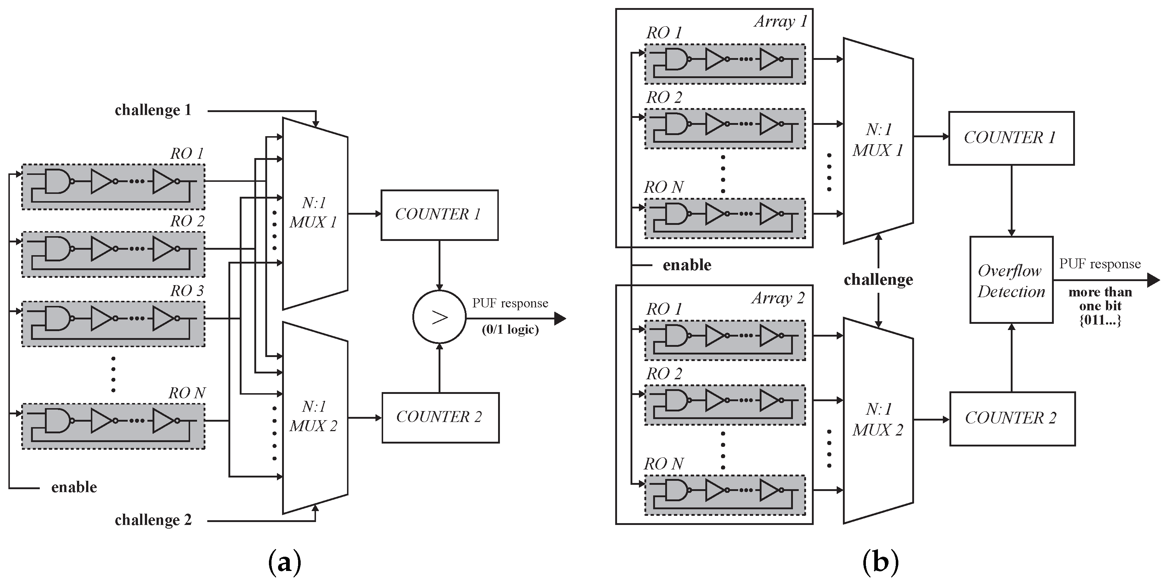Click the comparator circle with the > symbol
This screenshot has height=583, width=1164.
(439, 317)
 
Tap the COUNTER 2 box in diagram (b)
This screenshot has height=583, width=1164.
(1012, 418)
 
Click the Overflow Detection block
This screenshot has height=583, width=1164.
(1011, 280)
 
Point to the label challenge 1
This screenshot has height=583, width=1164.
(153, 110)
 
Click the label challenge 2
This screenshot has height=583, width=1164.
(153, 520)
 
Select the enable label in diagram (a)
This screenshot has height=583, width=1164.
(74, 487)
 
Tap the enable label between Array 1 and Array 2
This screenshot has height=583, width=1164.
(687, 265)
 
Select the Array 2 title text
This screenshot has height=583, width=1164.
(778, 298)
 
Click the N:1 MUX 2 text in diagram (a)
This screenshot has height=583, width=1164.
(313, 416)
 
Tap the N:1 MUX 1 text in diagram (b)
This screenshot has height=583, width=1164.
(878, 140)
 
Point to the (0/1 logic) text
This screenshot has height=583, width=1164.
(510, 329)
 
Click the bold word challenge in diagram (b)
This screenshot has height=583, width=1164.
(878, 280)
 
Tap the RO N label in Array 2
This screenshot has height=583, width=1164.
(663, 464)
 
